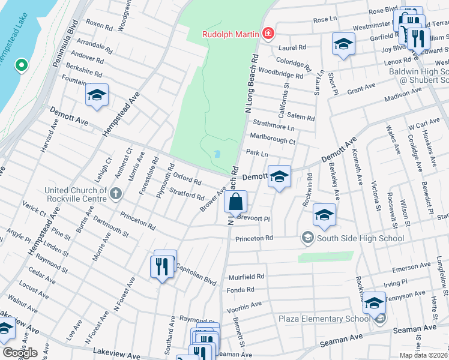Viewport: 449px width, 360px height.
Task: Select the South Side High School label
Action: coord(353,238)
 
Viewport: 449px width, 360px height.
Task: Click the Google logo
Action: coord(20,352)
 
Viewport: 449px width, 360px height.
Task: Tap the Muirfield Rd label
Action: coord(246,277)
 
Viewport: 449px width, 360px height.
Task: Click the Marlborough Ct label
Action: coord(273,142)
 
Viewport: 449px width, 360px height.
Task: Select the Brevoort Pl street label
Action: coord(254,219)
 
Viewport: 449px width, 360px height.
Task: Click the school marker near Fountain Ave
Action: coord(97,95)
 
